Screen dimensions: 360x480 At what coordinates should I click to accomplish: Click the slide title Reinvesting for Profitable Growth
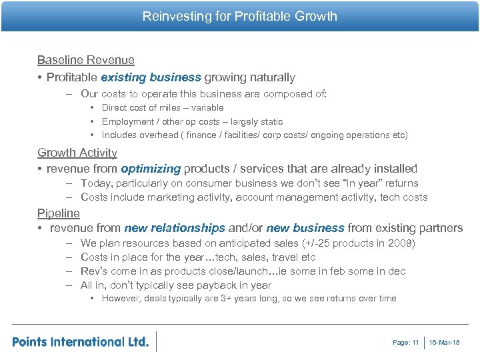[x=240, y=16]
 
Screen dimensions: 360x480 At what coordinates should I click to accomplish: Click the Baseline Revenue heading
[x=85, y=60]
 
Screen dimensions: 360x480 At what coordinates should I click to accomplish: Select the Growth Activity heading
[x=77, y=153]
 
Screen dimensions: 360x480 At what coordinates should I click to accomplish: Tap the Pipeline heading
[x=59, y=213]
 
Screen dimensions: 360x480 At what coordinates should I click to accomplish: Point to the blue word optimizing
[x=151, y=169]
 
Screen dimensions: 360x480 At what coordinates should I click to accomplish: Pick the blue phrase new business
[x=305, y=228]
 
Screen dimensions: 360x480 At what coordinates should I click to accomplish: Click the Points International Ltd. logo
[x=80, y=341]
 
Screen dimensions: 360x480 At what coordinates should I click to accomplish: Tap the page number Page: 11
[x=406, y=343]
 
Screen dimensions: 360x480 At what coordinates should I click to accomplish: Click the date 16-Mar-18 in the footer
[x=445, y=343]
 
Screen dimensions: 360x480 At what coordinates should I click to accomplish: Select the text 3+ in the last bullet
[x=227, y=298]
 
